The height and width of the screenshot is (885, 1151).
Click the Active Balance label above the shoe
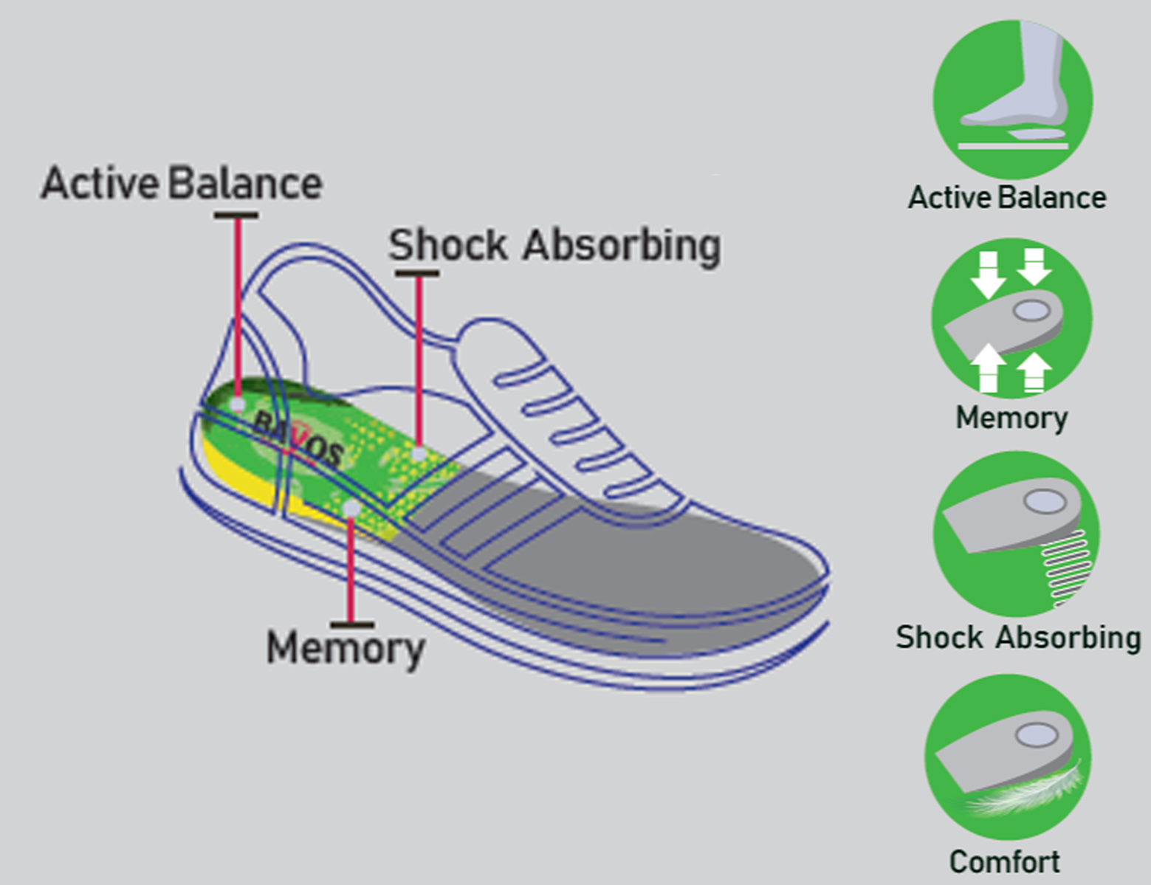pos(182,184)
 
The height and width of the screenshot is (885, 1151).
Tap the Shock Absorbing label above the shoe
pos(554,245)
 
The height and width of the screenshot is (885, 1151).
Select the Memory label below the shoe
pos(346,648)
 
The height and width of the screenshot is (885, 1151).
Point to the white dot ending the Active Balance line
pos(238,404)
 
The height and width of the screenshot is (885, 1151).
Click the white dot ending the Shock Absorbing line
pos(419,453)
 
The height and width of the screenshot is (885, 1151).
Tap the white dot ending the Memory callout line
pos(351,509)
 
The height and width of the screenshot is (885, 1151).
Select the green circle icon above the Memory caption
pos(1011,318)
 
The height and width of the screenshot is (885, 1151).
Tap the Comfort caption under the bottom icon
pos(1004,861)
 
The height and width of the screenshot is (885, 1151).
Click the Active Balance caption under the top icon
pos(1007,198)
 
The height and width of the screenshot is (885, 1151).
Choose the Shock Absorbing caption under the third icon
pos(1018,637)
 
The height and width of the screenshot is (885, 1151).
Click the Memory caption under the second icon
pos(1011,418)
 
